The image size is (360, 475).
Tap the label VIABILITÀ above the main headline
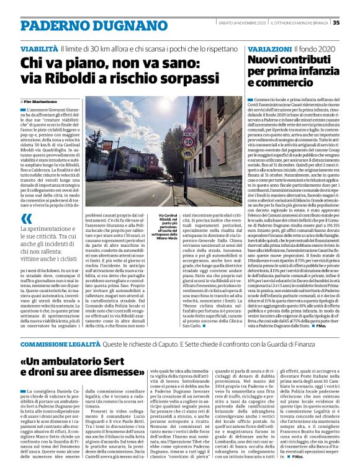pos(40,48)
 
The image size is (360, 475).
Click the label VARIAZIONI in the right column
pos(270,48)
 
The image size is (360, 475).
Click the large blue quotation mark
pos(25,218)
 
